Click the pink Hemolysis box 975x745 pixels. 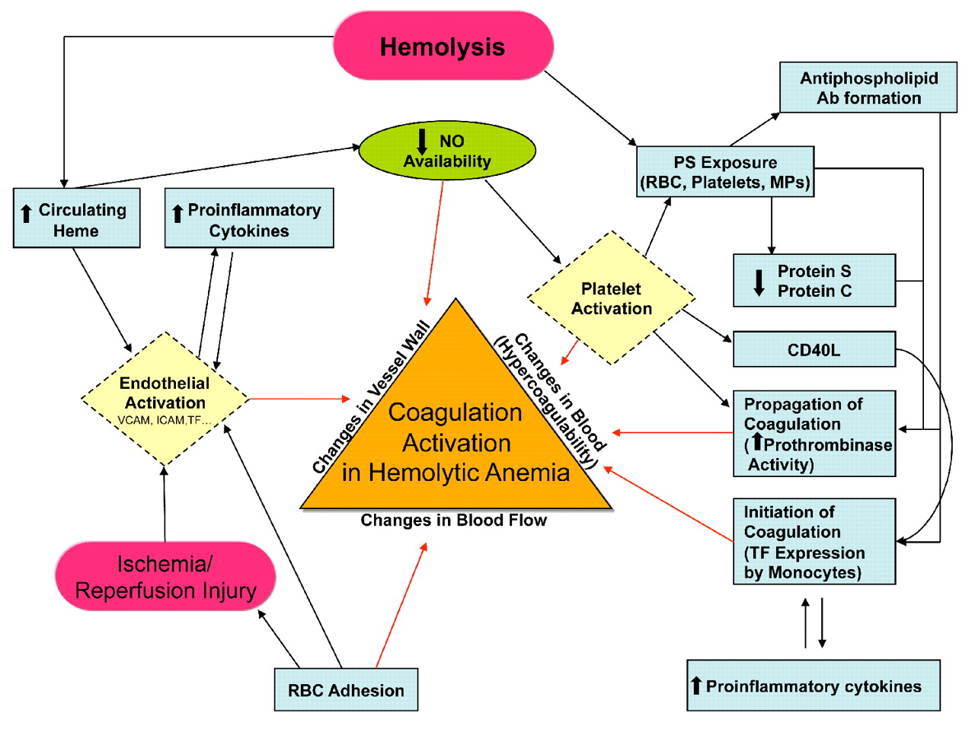[x=443, y=46]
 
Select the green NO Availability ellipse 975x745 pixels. [x=447, y=151]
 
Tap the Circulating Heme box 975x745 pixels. [x=77, y=219]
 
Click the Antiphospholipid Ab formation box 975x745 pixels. [x=868, y=88]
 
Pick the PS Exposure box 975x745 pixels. [x=725, y=173]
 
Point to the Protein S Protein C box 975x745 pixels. [x=814, y=281]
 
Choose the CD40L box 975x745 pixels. [x=814, y=350]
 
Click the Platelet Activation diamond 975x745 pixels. [x=611, y=298]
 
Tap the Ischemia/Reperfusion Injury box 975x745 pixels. [x=165, y=577]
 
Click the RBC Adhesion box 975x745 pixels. [x=346, y=690]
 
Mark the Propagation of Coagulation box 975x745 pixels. [x=814, y=434]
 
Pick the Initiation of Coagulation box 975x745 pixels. [x=814, y=542]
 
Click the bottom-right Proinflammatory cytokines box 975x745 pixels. [x=813, y=686]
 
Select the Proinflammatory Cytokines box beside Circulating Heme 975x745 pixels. [x=249, y=219]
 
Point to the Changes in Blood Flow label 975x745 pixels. [x=453, y=521]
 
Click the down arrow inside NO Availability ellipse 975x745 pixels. [x=422, y=142]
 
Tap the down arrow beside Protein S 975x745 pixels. [x=759, y=282]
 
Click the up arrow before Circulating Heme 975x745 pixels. [x=27, y=213]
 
